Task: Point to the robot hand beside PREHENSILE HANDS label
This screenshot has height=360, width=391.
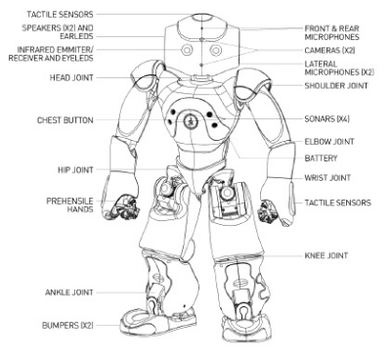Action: tap(126, 204)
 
